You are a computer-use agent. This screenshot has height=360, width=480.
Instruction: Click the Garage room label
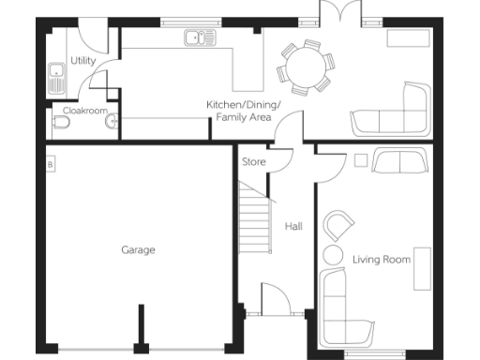pyautogui.click(x=138, y=250)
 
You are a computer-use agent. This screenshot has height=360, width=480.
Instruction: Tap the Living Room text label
pyautogui.click(x=382, y=259)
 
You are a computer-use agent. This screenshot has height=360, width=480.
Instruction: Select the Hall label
pyautogui.click(x=293, y=227)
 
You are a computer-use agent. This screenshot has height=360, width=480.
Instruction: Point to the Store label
pyautogui.click(x=254, y=162)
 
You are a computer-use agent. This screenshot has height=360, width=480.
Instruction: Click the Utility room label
pyautogui.click(x=82, y=60)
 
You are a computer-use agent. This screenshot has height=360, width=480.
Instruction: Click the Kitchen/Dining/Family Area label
pyautogui.click(x=244, y=111)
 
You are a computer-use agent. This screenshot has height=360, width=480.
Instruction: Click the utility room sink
pyautogui.click(x=56, y=75)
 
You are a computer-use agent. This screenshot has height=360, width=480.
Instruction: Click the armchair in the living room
pyautogui.click(x=338, y=227)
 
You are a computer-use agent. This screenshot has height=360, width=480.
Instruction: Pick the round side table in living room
pyautogui.click(x=332, y=256)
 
